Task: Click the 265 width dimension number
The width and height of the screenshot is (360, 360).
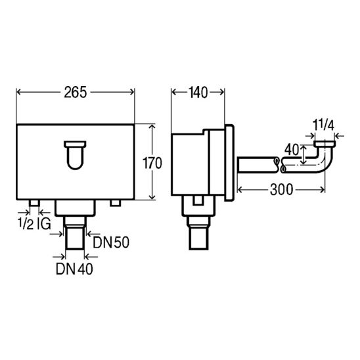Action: (76, 92)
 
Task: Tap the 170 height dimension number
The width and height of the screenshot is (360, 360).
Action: (152, 163)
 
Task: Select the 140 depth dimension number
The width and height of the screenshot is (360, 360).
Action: (198, 93)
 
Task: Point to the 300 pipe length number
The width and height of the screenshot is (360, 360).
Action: (281, 190)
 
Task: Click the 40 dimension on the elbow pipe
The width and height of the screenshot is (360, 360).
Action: (292, 150)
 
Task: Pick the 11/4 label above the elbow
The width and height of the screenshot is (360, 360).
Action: (323, 125)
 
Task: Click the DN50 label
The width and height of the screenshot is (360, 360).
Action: (111, 242)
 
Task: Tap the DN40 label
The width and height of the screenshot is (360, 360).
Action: (75, 269)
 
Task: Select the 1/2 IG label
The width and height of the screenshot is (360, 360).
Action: (34, 224)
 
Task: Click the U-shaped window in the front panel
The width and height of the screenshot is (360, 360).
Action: (75, 156)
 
